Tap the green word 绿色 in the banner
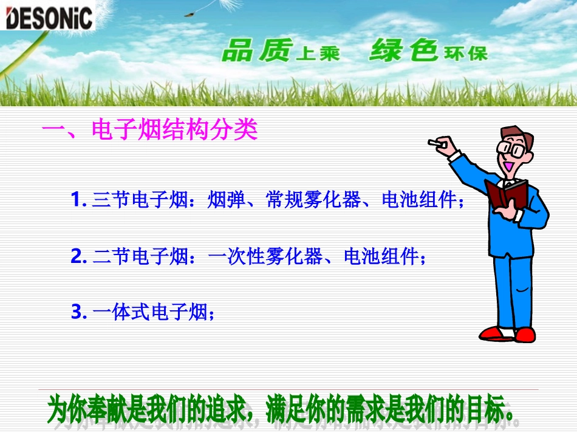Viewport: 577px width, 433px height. (403, 50)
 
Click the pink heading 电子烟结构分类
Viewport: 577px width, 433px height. (174, 130)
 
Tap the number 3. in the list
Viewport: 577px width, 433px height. (78, 313)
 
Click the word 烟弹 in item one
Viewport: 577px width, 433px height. (225, 200)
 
